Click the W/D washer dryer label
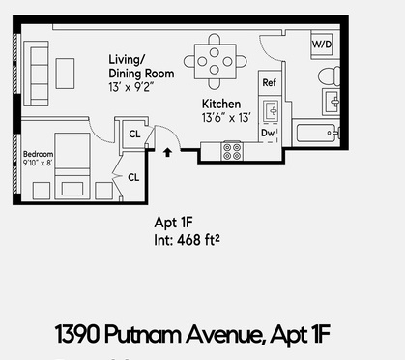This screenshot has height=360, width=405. pos(321,45)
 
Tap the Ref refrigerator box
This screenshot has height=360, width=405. pos(270,83)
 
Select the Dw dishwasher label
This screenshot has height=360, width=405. pos(268,133)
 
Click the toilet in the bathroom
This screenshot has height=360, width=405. pos(325,75)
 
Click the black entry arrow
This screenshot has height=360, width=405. pos(169,151)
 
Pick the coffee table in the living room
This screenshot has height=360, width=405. pos(65,72)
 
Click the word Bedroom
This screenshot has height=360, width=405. pos(39,153)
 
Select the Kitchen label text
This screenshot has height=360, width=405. pos(221,104)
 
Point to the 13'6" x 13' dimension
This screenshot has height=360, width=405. pos(226,118)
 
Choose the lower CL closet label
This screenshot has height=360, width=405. pos(132,177)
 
